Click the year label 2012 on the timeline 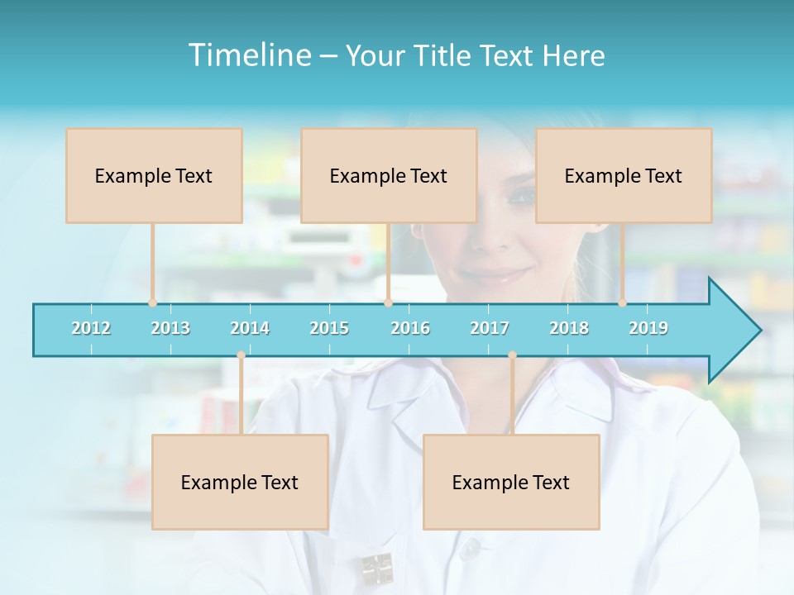click(x=91, y=328)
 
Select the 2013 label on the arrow click(x=170, y=328)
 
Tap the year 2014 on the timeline click(x=250, y=328)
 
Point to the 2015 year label click(x=329, y=328)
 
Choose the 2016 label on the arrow click(x=410, y=328)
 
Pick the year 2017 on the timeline click(x=490, y=328)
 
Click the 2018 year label click(x=569, y=328)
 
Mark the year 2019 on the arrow click(x=648, y=328)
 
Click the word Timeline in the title click(x=249, y=55)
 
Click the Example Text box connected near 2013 click(x=154, y=175)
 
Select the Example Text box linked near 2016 click(x=389, y=175)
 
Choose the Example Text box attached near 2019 click(x=624, y=175)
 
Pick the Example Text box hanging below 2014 click(x=240, y=482)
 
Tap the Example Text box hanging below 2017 click(x=511, y=482)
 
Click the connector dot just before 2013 click(x=152, y=302)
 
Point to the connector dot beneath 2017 click(x=512, y=355)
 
